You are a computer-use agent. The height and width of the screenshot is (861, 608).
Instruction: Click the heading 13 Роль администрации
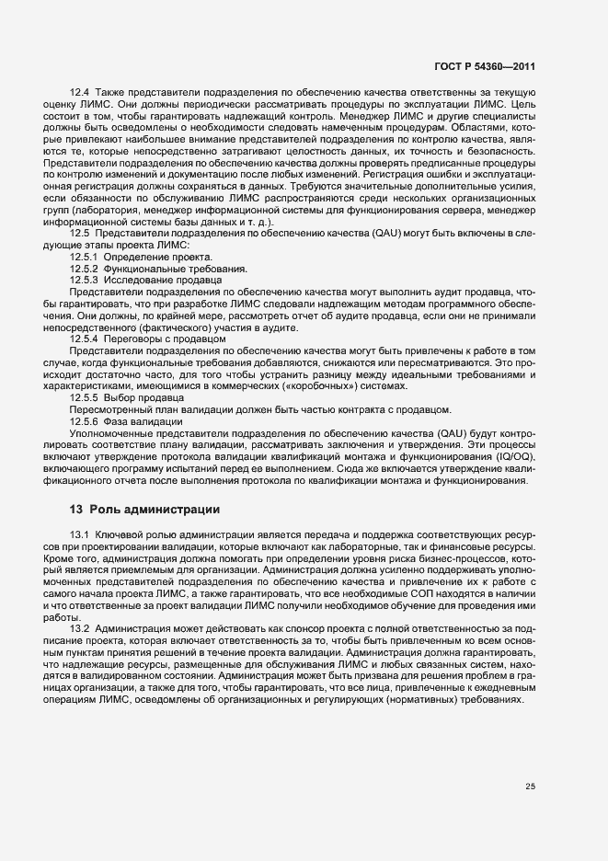144,509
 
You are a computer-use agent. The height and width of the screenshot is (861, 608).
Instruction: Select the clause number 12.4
80,93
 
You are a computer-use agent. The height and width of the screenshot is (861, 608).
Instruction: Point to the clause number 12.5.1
84,257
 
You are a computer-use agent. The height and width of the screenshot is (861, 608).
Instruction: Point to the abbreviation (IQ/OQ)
512,457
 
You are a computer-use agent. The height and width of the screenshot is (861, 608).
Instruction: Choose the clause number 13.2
80,628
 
